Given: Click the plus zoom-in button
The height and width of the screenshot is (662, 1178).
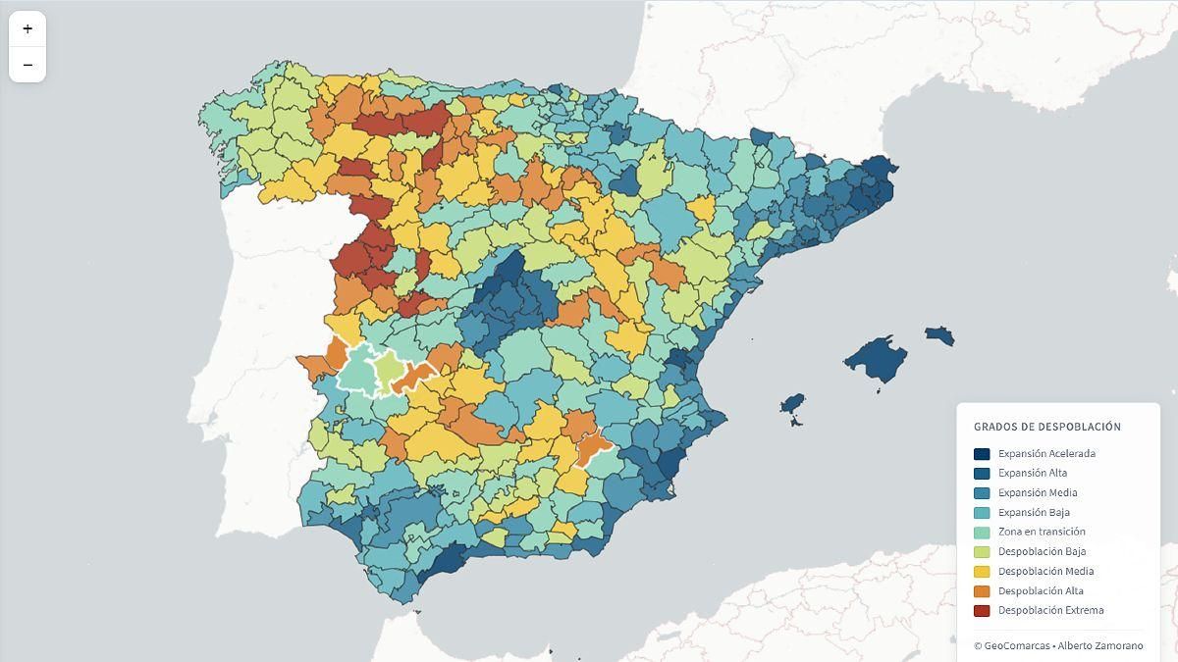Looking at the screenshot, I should (27, 29).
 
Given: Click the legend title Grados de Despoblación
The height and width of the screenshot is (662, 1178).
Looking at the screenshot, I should (1046, 427).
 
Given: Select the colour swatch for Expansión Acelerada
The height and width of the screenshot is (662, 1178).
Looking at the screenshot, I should (982, 454).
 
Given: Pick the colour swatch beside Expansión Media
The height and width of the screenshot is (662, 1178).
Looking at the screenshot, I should (982, 493).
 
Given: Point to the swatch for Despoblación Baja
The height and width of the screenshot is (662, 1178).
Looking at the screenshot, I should (982, 552).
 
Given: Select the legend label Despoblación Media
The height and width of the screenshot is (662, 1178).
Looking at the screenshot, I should (1045, 572).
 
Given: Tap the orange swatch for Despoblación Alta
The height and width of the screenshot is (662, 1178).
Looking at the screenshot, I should (982, 591).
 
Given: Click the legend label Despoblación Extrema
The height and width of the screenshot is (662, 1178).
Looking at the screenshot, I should (1050, 611).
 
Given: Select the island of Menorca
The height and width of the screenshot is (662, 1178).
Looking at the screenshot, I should (939, 334).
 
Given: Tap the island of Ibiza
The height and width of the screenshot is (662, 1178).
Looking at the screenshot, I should (792, 404).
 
